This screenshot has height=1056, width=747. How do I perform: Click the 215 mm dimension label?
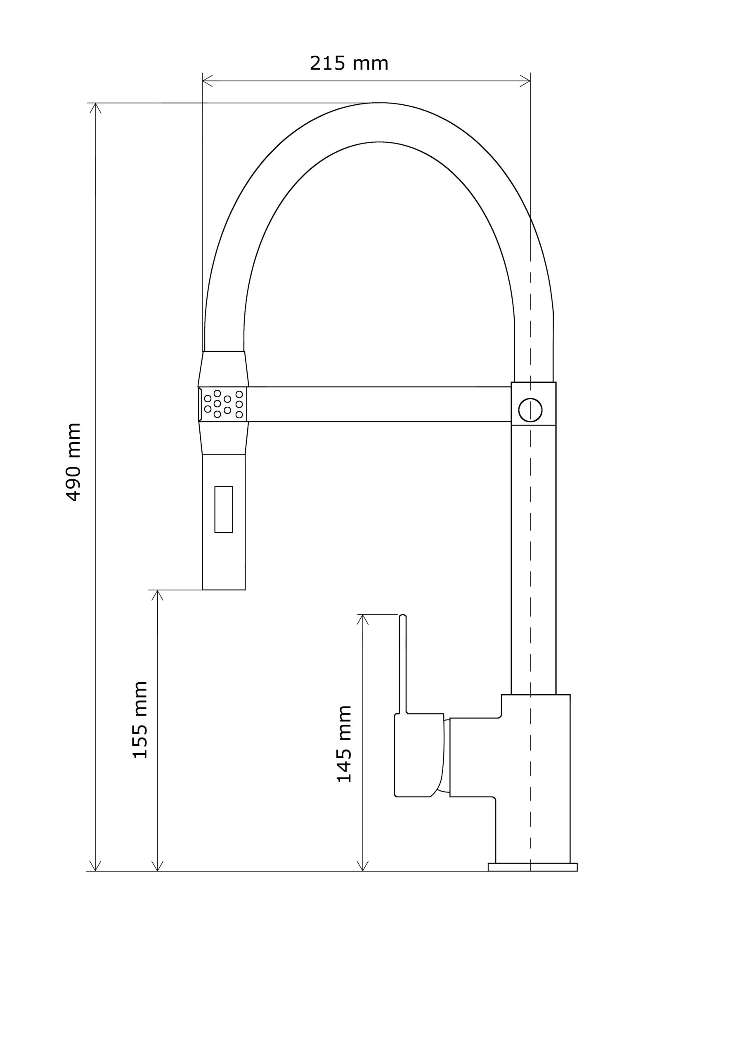349,63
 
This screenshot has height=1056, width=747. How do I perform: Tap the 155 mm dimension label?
140,720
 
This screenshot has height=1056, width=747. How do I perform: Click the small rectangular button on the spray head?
224,509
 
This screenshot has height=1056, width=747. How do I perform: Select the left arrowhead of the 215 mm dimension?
207,81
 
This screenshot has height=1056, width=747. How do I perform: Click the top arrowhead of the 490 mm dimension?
95,108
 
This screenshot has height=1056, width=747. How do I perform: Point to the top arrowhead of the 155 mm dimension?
157,595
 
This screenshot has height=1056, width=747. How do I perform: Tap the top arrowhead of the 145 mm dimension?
363,619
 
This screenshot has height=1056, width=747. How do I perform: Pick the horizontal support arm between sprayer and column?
379,404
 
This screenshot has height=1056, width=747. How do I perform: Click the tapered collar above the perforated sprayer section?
223,369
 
